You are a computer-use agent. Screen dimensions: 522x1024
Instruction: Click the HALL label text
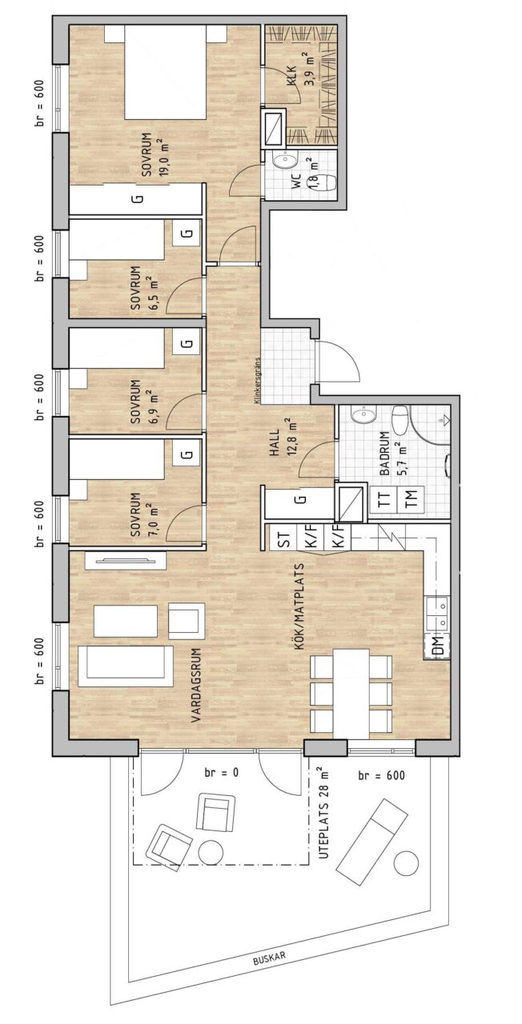tap(275, 444)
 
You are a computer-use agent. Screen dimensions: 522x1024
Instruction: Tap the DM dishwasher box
tap(437, 646)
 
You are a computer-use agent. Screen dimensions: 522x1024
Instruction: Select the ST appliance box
tap(283, 538)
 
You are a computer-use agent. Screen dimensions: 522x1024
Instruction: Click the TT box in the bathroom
tap(386, 498)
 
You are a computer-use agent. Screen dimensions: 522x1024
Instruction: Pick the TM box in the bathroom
tap(412, 498)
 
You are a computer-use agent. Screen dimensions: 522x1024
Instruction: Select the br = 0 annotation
tap(222, 773)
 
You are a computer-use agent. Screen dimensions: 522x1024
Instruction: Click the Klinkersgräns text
tap(258, 380)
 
